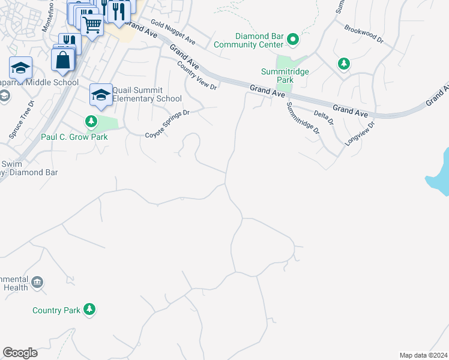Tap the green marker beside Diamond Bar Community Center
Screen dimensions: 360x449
coord(293,40)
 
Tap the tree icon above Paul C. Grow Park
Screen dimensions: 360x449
coord(91,122)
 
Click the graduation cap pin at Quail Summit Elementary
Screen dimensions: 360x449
coord(101,94)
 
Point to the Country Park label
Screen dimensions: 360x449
coord(56,310)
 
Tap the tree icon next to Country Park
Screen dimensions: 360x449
coord(89,310)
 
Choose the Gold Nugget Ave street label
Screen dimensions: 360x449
coord(173,32)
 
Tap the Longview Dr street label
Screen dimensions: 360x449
coord(360,134)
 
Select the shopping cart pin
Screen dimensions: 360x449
coord(92,25)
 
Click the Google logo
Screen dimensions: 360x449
coord(20,353)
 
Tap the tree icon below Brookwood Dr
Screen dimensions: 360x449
coord(343,63)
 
